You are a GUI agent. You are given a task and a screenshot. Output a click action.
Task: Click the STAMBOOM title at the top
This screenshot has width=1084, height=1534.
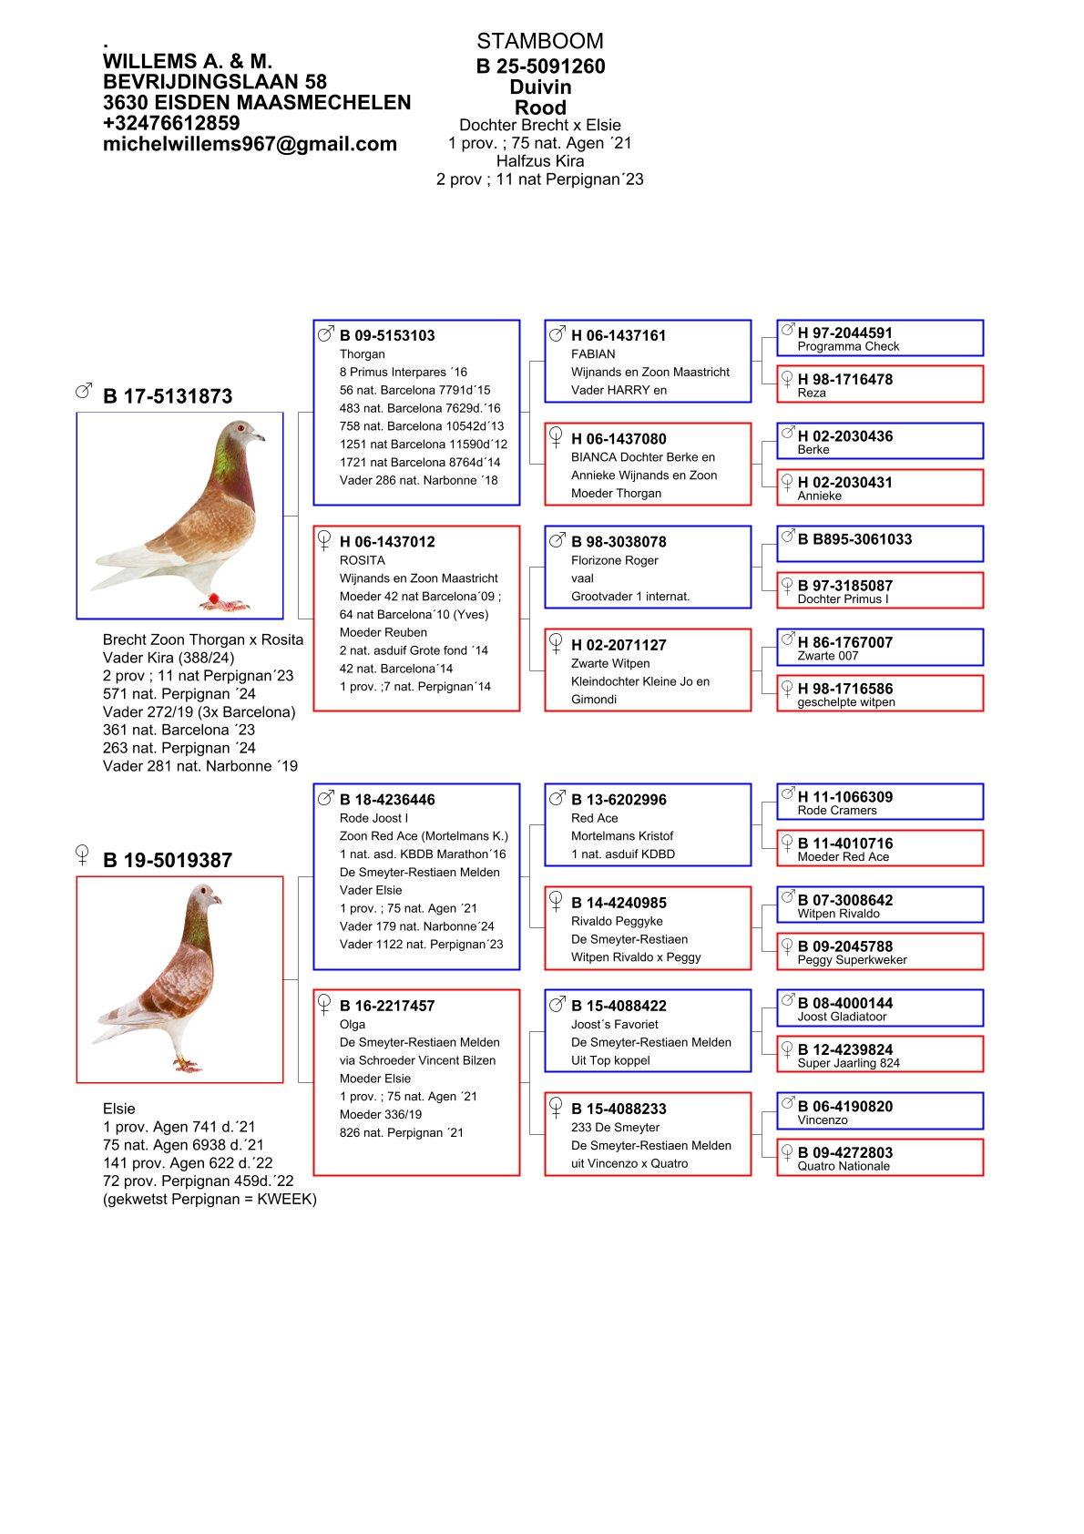539,41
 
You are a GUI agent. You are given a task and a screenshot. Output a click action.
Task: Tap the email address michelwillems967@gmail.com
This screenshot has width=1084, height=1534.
250,144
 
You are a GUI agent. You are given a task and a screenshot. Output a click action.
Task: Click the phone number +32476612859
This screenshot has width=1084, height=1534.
171,123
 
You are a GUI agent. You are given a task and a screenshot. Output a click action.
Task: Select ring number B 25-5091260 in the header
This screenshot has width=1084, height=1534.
540,66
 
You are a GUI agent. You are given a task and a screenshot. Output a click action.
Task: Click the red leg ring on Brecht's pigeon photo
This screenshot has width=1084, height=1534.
215,598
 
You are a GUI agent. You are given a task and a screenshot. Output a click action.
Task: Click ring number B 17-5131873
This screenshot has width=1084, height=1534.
168,396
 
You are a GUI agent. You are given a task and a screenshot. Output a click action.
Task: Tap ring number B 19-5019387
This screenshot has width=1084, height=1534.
168,860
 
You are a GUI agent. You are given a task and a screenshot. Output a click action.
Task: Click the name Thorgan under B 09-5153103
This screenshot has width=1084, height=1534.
362,354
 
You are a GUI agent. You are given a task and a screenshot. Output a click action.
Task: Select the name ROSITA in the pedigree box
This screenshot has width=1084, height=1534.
362,560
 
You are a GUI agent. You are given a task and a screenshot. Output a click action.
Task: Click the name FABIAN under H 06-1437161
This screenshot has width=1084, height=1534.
593,354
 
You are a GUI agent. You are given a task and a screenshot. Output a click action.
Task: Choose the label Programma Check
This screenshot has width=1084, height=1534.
848,347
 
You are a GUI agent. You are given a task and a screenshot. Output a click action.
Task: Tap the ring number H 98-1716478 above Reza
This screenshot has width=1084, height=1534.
844,379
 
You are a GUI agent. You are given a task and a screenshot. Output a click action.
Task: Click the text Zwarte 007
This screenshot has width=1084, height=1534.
827,656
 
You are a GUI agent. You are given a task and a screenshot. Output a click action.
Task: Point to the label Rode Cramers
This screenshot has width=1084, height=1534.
836,811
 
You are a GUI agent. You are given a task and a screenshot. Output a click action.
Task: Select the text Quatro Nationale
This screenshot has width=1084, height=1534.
843,1166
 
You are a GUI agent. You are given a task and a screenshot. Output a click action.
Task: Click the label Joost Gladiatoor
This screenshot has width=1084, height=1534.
842,1017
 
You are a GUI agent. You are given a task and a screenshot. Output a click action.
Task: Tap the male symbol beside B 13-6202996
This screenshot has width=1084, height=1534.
557,798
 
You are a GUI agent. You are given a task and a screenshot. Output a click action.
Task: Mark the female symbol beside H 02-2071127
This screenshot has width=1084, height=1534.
556,644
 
